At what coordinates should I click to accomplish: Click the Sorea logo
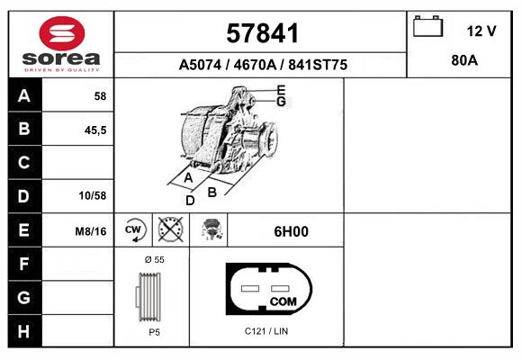tap(61, 44)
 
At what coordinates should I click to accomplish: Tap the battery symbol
tap(426, 27)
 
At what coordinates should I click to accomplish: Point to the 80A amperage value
tap(463, 62)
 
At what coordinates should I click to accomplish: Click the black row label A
tap(24, 96)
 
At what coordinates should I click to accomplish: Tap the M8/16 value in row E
tap(91, 231)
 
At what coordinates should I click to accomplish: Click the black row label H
tap(24, 330)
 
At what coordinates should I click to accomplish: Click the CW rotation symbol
tap(134, 230)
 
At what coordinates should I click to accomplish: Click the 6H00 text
tap(291, 231)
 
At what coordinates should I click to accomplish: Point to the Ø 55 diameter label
tap(155, 259)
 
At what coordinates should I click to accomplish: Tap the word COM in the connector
tap(283, 300)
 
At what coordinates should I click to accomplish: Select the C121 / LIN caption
tap(266, 331)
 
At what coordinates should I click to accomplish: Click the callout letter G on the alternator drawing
tap(281, 102)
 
